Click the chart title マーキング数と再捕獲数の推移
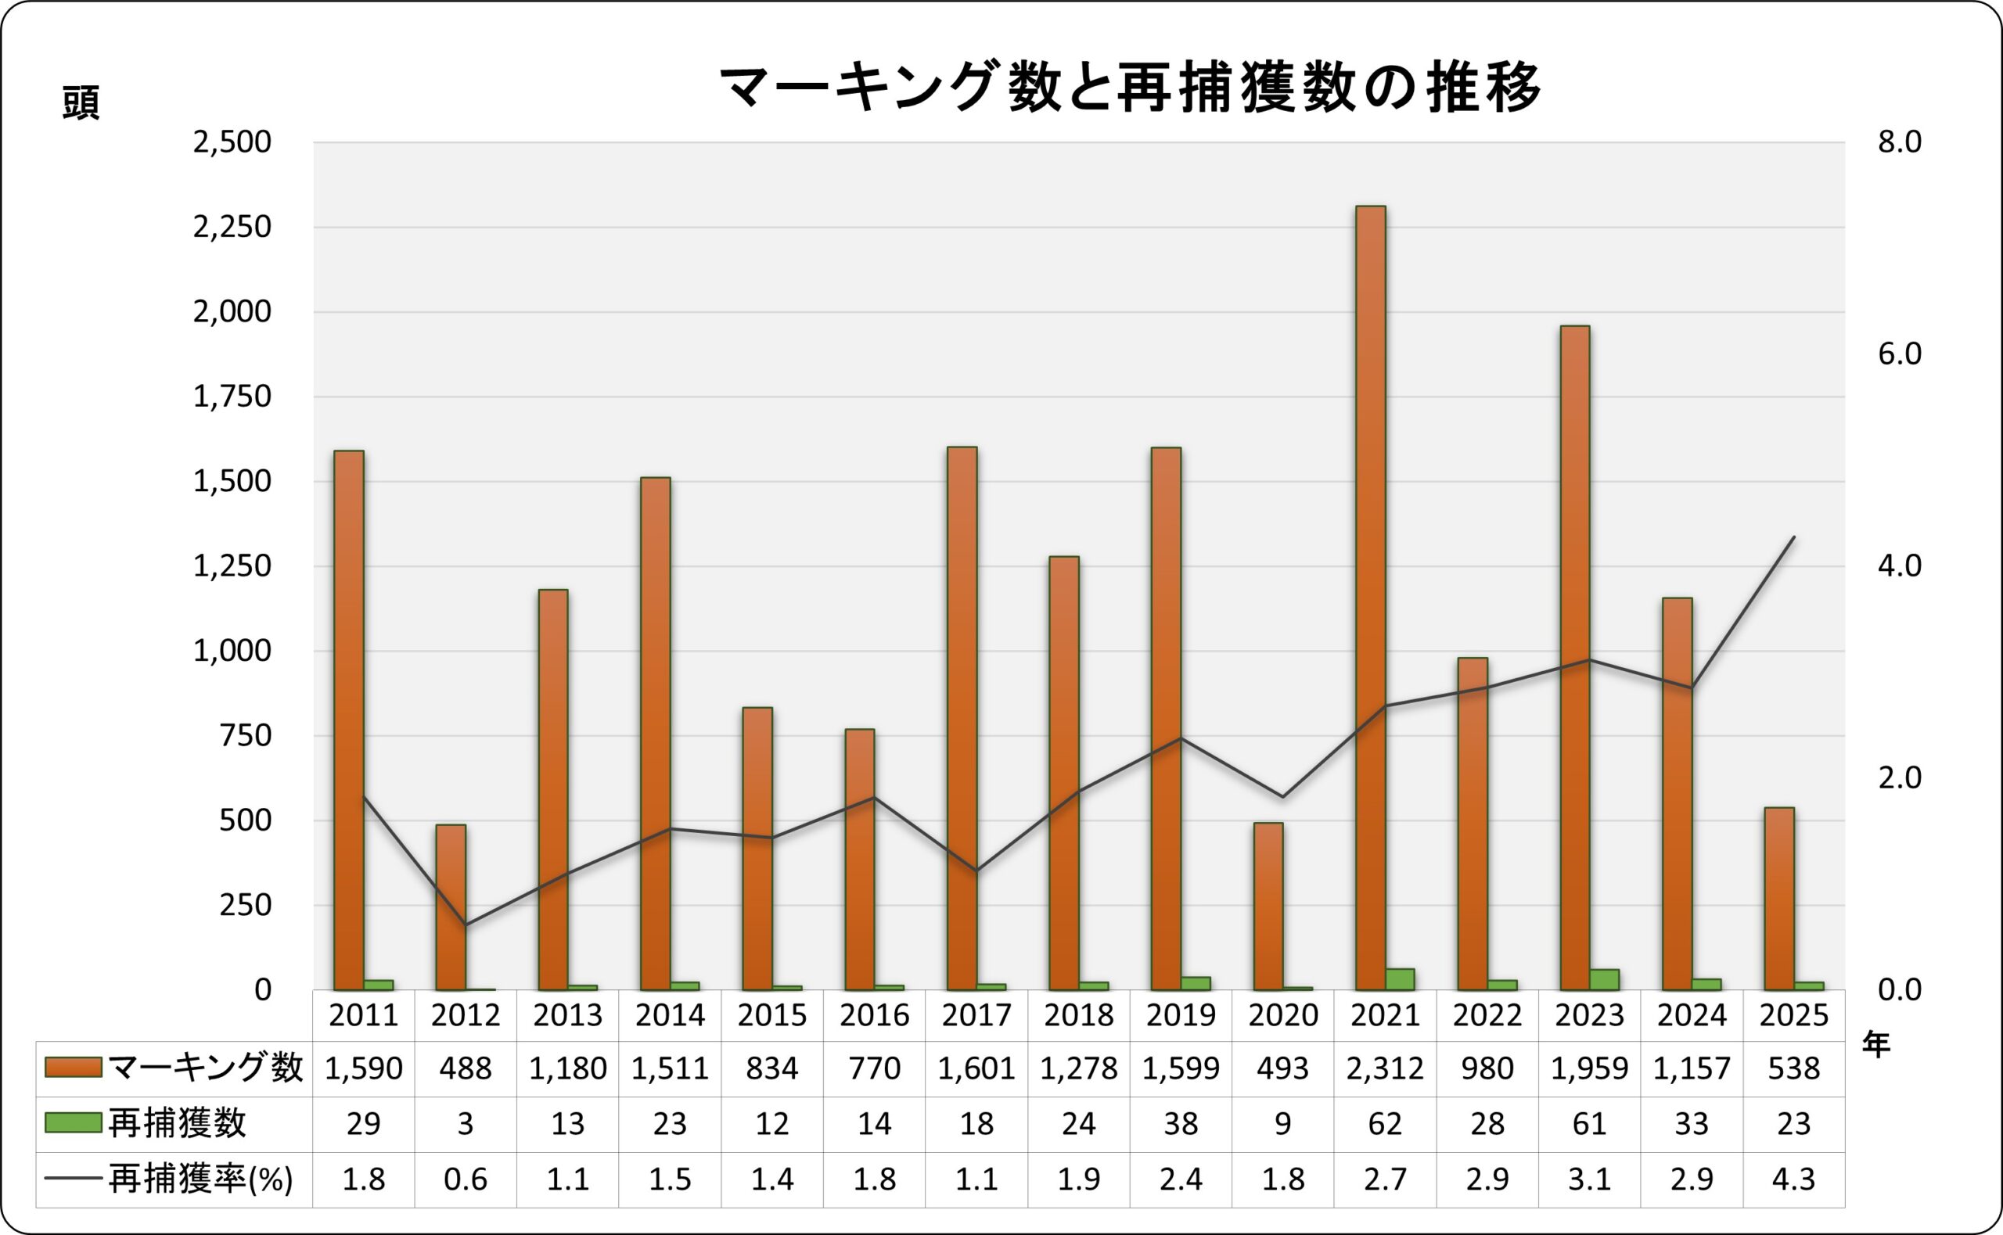(1130, 88)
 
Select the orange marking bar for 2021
(1370, 596)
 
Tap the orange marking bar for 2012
(450, 907)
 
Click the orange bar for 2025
(1778, 899)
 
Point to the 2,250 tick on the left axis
(231, 227)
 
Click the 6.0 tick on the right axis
(1900, 354)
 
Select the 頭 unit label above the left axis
(81, 105)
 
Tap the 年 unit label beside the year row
(1876, 1045)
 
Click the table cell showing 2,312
(1385, 1068)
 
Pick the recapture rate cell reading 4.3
(1793, 1179)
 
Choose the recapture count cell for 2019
(1181, 1124)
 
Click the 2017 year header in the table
(976, 1015)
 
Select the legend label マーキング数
(205, 1068)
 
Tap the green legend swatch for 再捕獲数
(73, 1123)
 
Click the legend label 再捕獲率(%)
(200, 1179)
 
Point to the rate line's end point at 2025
(1793, 537)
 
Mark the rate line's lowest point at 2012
(466, 924)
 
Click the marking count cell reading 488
(466, 1068)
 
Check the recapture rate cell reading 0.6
(466, 1179)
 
